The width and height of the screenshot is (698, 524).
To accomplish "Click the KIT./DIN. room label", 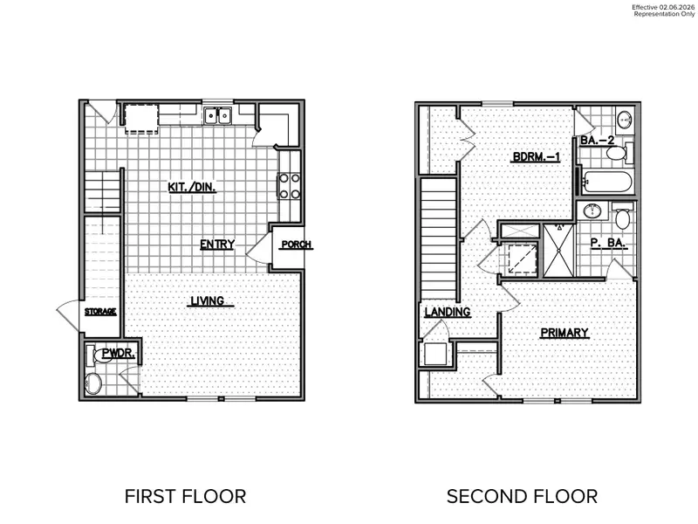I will (x=192, y=187).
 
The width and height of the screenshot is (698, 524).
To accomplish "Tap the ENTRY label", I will (x=216, y=245).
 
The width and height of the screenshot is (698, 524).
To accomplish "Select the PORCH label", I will (x=296, y=245).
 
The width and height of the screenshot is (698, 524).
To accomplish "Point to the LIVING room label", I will (x=208, y=301).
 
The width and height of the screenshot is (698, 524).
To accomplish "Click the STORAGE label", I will (x=100, y=312).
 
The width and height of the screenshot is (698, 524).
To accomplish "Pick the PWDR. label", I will (x=115, y=354).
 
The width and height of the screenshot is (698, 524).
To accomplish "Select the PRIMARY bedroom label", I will (x=564, y=332).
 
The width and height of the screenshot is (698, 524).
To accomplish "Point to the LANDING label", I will (x=448, y=312).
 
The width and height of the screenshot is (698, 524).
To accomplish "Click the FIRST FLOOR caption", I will (x=185, y=497).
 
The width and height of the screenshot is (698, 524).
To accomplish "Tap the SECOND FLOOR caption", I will (x=522, y=497).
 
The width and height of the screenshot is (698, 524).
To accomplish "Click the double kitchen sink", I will (x=217, y=115).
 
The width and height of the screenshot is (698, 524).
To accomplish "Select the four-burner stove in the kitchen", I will (x=289, y=185).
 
